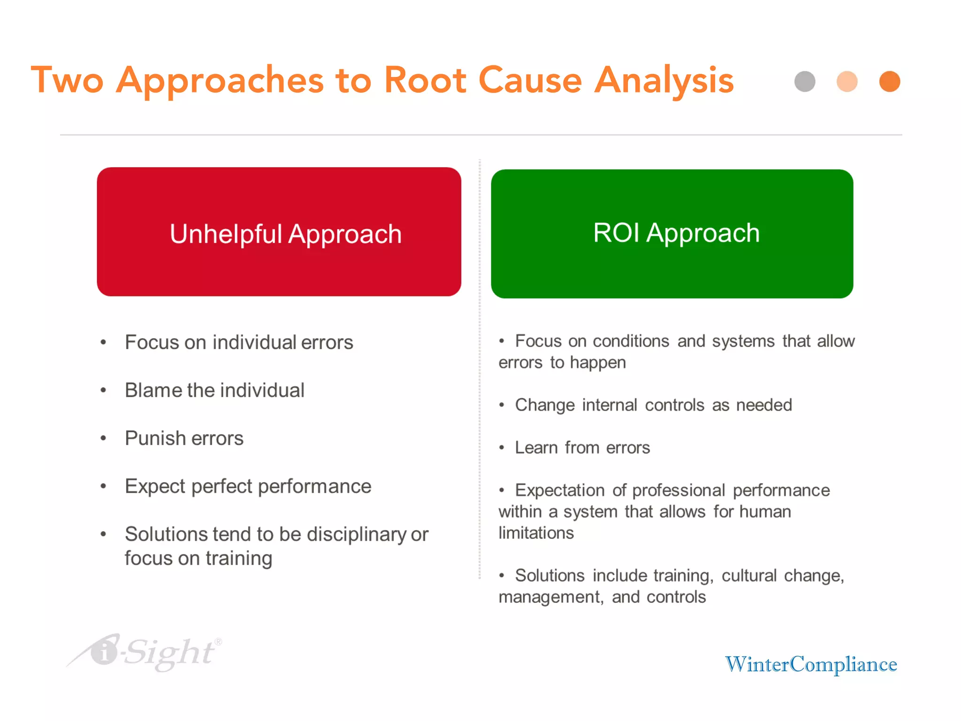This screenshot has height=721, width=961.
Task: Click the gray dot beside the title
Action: [805, 82]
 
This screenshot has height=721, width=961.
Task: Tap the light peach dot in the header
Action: [847, 82]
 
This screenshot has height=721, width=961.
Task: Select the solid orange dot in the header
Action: [889, 82]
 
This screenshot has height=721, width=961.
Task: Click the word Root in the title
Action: [425, 80]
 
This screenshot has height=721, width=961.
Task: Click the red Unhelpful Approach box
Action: [279, 232]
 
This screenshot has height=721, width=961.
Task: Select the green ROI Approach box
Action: [672, 234]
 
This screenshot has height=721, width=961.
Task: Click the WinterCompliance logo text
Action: [811, 664]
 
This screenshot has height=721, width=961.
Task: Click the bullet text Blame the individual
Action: [214, 390]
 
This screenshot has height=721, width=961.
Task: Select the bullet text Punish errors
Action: [184, 438]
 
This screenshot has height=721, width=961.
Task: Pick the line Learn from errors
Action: [582, 447]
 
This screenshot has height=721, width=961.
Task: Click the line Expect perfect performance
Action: [248, 486]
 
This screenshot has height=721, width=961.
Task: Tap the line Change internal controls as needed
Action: [653, 405]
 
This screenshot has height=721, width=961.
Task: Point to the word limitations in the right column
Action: [536, 533]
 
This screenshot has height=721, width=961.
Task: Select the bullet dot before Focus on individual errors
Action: [104, 342]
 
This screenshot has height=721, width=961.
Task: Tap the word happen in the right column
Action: [598, 363]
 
